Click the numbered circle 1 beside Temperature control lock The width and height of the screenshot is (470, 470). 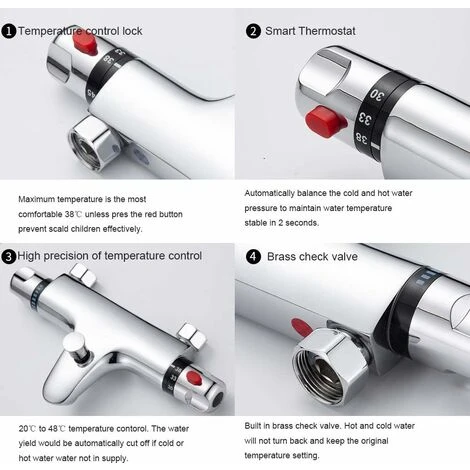[x=9, y=31]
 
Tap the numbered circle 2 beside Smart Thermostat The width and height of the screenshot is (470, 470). [x=253, y=31]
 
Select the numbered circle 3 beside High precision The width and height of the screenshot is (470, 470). [x=8, y=257]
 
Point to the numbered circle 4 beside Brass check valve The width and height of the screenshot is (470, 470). [x=253, y=257]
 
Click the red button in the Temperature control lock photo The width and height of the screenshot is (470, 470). [x=85, y=45]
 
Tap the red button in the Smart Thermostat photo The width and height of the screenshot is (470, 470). [x=326, y=121]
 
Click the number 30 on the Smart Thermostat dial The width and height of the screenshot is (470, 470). [x=377, y=95]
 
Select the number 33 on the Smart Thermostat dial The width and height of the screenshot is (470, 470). [x=365, y=119]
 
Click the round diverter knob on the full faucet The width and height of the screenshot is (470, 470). [x=76, y=347]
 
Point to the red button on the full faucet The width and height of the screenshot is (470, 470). [x=194, y=378]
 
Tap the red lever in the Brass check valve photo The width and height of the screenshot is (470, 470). [x=302, y=327]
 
